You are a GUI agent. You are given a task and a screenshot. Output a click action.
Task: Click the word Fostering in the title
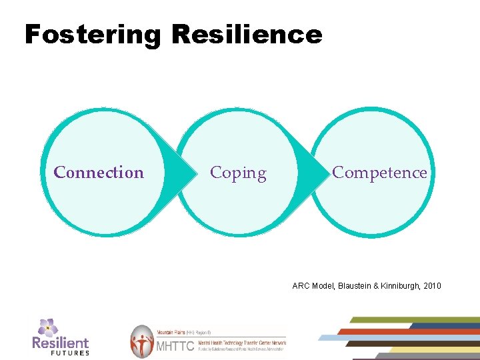92,34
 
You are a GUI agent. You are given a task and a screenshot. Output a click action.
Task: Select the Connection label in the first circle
99,173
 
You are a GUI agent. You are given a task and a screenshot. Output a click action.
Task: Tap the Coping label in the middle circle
238,173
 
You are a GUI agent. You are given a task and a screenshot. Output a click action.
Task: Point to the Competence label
379,173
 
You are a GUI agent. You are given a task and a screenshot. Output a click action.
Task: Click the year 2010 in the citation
430,286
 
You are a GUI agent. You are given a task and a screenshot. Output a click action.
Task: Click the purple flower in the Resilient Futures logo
47,327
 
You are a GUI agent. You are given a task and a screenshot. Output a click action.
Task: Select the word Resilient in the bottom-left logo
60,343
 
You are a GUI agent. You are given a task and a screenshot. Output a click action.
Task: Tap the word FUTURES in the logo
69,353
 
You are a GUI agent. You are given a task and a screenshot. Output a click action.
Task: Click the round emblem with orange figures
141,341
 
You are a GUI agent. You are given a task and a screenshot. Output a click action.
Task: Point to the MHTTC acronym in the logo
174,346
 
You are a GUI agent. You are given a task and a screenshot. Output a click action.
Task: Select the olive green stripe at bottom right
413,319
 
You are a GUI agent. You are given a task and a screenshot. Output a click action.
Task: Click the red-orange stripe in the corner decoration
407,331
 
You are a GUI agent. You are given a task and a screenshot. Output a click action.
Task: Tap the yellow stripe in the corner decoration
433,349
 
